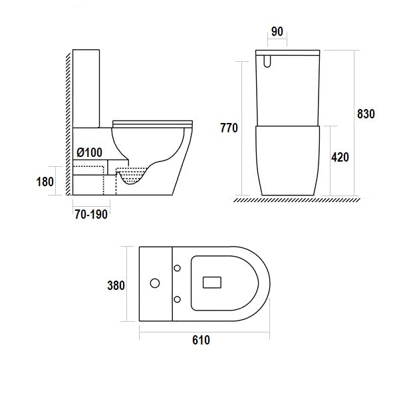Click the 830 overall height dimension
pos(366,114)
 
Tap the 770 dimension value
pos(229,128)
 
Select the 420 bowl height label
pos(340,157)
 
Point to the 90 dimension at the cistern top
pos(277,31)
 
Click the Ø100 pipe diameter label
pos(90,152)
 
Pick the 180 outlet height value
pos(45,182)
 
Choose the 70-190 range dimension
pos(91,214)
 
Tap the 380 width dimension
pos(116,285)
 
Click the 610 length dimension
pos(201,340)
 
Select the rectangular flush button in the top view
pos(212,283)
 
